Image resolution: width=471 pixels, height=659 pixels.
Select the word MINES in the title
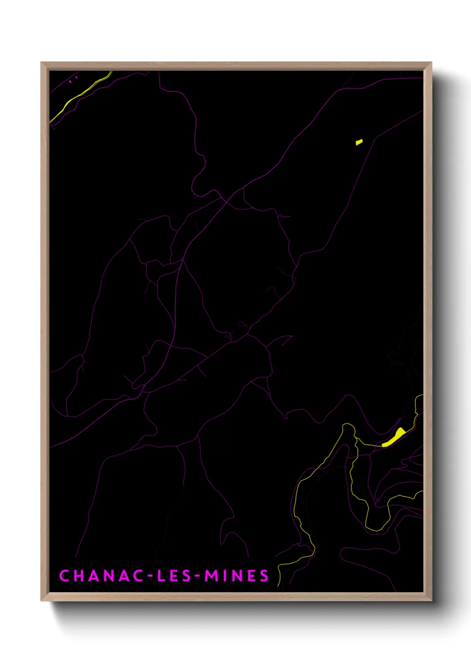pos(237,576)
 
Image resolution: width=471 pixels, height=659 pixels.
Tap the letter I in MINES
pos(224,576)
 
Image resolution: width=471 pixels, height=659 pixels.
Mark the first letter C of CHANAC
pos(64,576)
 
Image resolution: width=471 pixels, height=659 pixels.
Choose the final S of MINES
pos(264,576)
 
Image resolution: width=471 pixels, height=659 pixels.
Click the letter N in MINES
pos(237,576)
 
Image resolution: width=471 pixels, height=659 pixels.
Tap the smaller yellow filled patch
pos(359,142)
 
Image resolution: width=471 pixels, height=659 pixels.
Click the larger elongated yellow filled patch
pos(394,437)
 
